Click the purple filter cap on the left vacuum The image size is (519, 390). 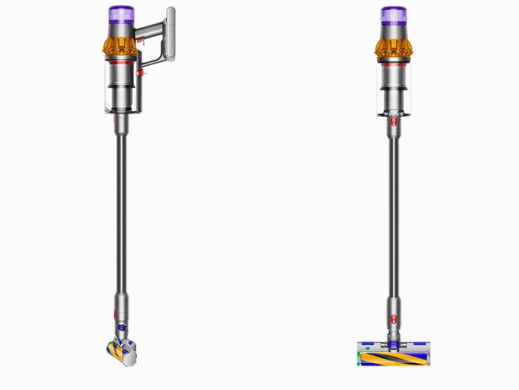click(x=120, y=15)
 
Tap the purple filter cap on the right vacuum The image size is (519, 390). click(x=393, y=15)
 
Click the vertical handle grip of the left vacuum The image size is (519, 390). click(x=171, y=36)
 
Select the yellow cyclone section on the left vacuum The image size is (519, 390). click(x=120, y=45)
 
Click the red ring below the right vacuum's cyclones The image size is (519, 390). click(x=393, y=62)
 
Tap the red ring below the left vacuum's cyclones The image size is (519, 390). click(x=120, y=62)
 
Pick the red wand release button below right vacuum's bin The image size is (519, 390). click(x=393, y=122)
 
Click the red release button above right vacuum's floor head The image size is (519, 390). click(x=393, y=319)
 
